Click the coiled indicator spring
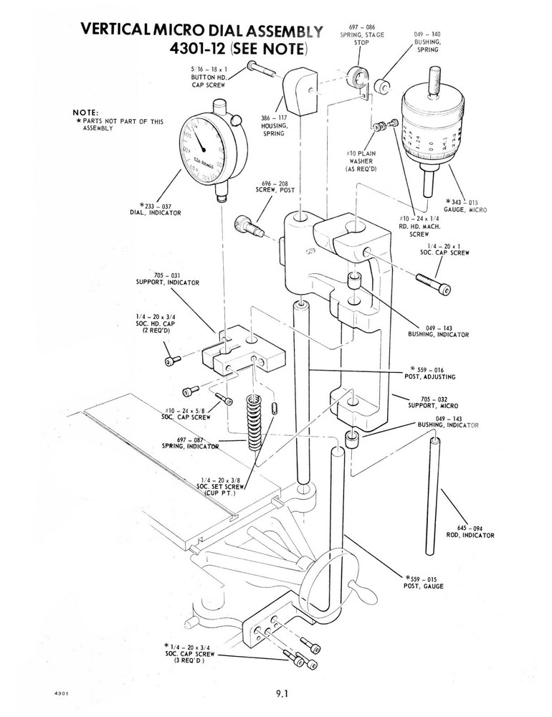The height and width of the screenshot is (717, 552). pos(252,423)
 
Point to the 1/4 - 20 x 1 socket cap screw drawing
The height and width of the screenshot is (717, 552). pos(434,282)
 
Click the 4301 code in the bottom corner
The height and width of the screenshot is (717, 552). pos(60,694)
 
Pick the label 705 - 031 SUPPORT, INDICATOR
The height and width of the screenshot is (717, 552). pos(167,278)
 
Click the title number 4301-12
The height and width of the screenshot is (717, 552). pos(199,50)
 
